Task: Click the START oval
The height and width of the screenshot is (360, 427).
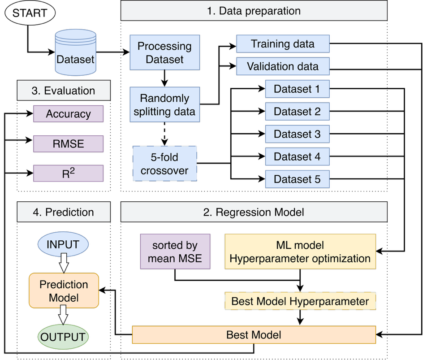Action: coord(30,13)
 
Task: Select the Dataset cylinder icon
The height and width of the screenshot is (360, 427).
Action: coord(75,52)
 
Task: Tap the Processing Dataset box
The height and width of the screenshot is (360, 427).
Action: coord(165,52)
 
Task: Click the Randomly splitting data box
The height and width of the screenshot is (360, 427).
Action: coord(165,104)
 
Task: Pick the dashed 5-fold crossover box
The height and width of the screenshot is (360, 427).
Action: coord(165,164)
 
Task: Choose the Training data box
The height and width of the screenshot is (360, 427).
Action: coord(283,43)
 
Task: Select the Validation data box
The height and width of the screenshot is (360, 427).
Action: coord(283,66)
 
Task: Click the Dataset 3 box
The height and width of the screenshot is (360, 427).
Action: coord(298,134)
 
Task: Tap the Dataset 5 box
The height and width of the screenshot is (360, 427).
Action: coord(298,179)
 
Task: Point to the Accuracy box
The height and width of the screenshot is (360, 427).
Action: coord(69,113)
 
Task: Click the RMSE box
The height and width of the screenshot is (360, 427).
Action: coord(69,143)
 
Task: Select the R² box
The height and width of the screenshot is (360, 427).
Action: coord(69,173)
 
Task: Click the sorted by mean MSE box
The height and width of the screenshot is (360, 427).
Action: coord(175,252)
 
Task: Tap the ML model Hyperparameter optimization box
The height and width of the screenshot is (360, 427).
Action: coord(300,252)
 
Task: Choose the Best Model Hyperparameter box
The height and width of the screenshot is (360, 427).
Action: coord(300,301)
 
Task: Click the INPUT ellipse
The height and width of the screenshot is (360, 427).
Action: coord(63,244)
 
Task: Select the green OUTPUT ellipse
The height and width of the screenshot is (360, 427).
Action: coord(63,337)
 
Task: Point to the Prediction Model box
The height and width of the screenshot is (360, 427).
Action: coord(64,291)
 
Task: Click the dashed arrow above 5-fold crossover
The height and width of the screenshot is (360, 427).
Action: coord(164,134)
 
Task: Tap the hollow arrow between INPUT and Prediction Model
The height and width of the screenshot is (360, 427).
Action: coord(64,263)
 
